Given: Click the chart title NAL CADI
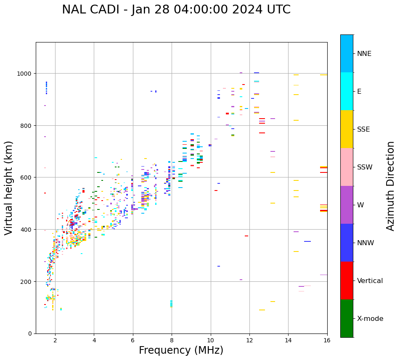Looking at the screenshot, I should click(176, 10).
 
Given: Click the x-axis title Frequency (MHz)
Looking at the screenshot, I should click(181, 350).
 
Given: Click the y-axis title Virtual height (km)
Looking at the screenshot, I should click(9, 188).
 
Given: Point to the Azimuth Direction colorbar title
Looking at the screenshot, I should click(391, 186).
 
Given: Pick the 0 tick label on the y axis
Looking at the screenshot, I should click(29, 334).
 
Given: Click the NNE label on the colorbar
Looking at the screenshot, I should click(364, 54).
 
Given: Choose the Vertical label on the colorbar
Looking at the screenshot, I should click(370, 281).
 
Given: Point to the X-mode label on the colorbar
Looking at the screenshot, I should click(370, 319).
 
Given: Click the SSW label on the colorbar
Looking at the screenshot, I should click(365, 167).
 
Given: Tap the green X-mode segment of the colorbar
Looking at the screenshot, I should click(347, 318).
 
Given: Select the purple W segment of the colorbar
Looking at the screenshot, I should click(347, 205).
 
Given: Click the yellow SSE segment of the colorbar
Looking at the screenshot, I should click(347, 129).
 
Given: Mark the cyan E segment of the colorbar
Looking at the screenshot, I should click(347, 91).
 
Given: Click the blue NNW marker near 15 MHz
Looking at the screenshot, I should click(307, 241).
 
